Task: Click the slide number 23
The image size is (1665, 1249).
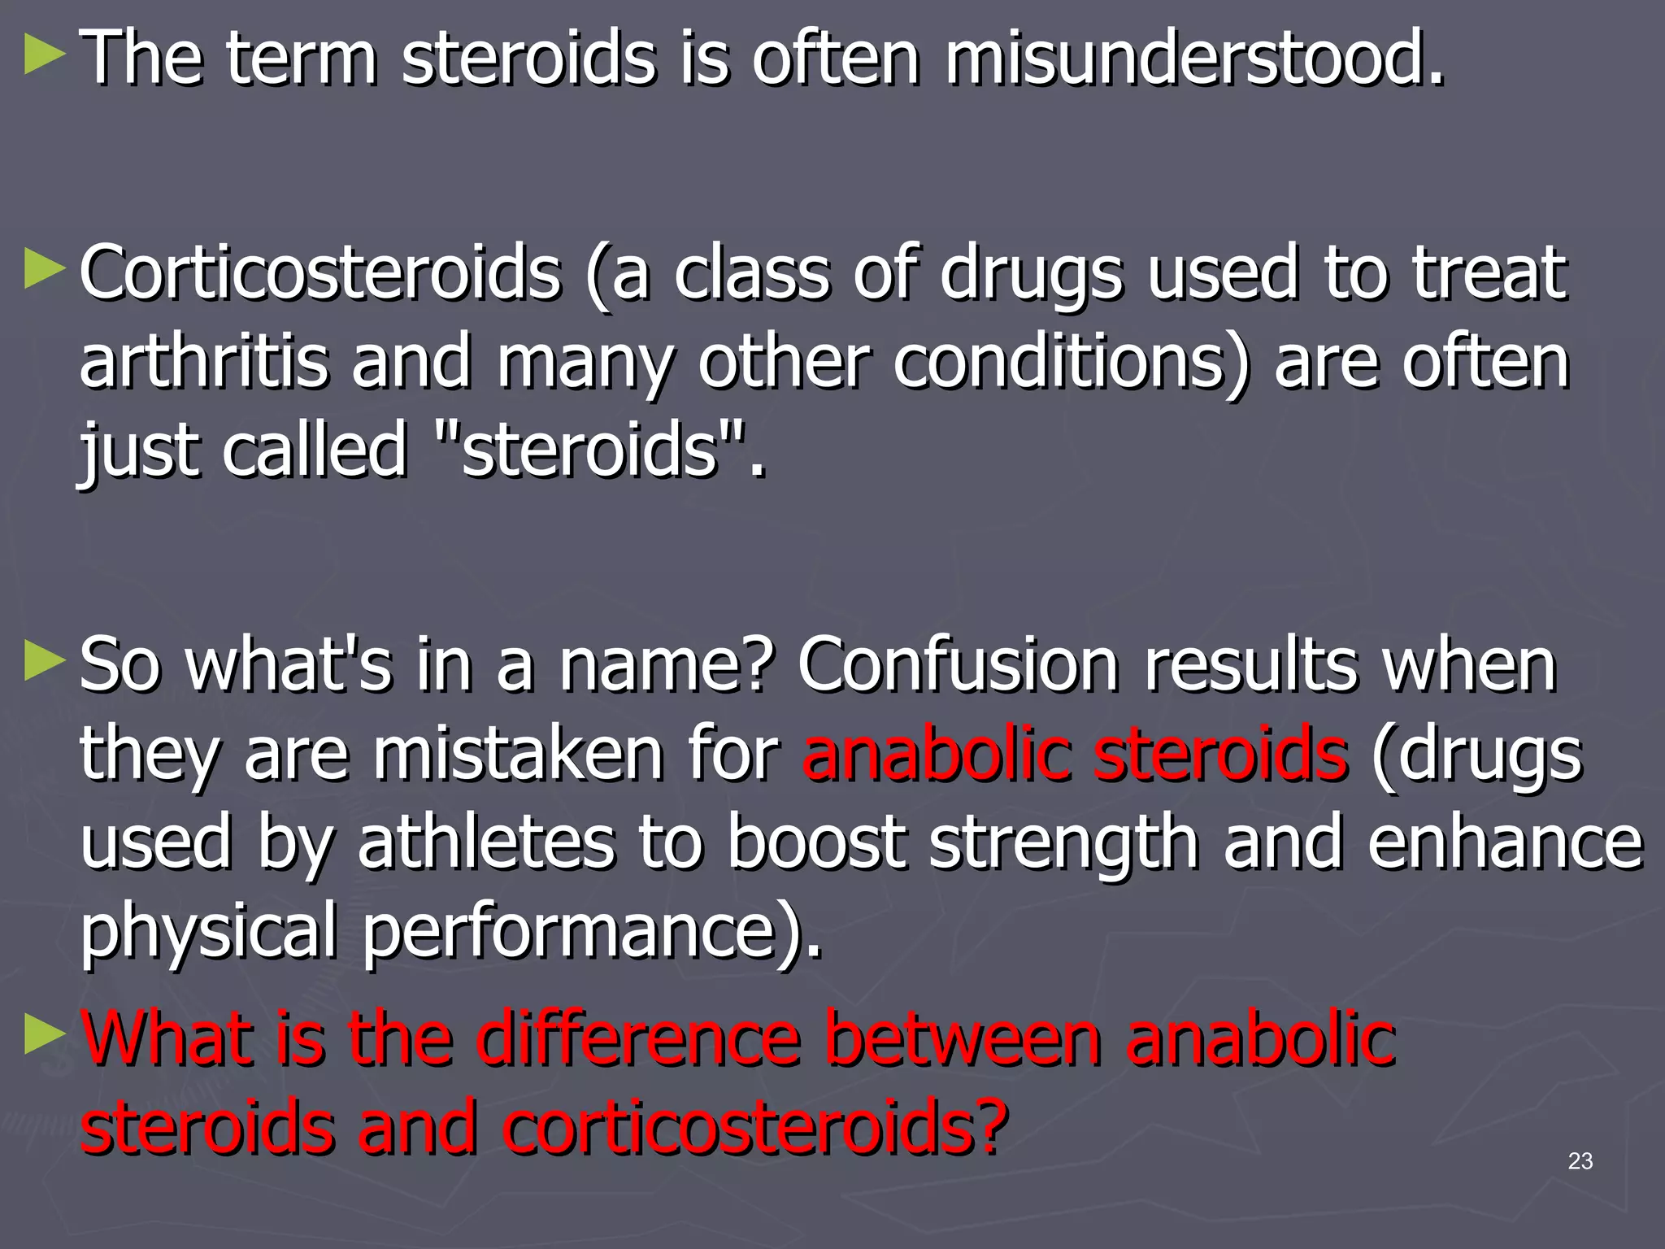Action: point(1580,1161)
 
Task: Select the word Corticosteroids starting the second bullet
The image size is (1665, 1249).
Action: point(320,273)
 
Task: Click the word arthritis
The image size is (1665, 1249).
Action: point(203,363)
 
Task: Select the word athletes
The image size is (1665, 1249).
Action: point(486,842)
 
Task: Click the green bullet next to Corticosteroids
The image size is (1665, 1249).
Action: point(45,270)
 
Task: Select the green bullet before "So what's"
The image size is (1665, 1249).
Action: point(45,662)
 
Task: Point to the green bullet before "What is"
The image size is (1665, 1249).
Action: point(45,1036)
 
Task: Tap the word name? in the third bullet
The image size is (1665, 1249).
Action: point(663,665)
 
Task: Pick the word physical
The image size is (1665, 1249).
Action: point(208,932)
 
